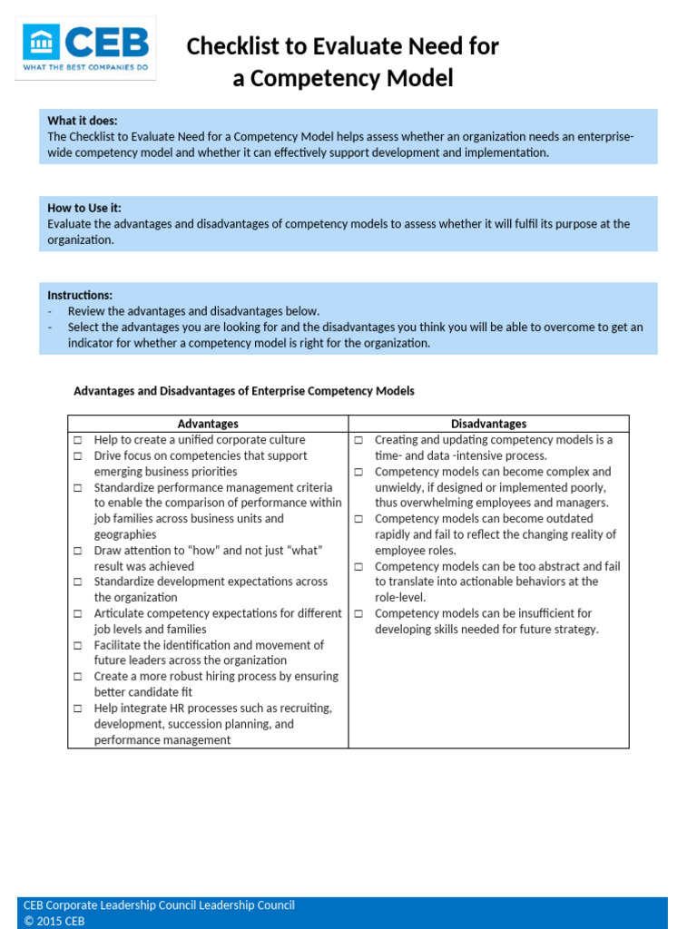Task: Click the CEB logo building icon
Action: click(42, 42)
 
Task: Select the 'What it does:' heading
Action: click(83, 121)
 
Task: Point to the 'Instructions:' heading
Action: click(80, 295)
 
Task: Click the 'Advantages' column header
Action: click(208, 424)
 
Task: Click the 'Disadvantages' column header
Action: click(488, 424)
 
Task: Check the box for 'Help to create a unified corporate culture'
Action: click(78, 440)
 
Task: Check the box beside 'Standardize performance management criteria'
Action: click(78, 488)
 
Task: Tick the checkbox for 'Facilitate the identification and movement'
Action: click(78, 646)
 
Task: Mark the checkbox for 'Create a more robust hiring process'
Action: click(78, 677)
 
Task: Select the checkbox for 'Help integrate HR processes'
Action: click(78, 709)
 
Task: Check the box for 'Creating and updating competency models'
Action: click(358, 440)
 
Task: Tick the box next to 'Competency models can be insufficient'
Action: click(358, 614)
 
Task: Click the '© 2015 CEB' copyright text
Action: click(54, 921)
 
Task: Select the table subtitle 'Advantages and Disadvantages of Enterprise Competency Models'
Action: click(243, 391)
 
